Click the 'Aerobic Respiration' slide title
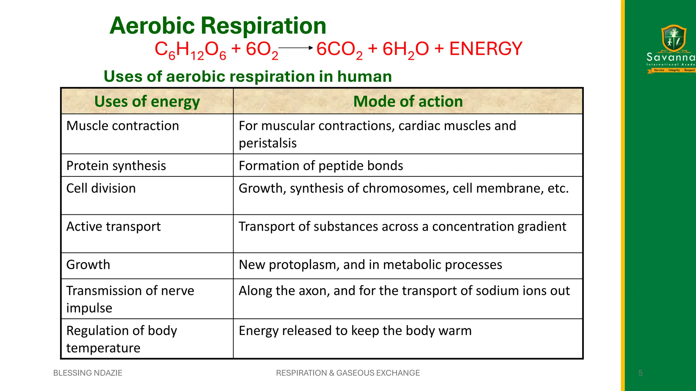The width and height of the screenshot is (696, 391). click(217, 26)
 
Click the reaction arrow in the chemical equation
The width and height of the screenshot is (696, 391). click(295, 48)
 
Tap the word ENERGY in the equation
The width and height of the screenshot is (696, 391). click(486, 49)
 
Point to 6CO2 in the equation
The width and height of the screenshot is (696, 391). click(339, 50)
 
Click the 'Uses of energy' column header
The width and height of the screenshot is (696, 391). click(147, 101)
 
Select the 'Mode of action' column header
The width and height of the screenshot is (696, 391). click(408, 101)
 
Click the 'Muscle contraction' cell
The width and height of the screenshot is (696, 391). click(122, 126)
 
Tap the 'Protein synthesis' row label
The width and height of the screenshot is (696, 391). click(116, 166)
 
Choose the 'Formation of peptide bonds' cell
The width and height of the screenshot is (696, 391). click(321, 166)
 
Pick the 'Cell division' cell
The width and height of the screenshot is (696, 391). click(101, 188)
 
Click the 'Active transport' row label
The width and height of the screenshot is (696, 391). click(113, 227)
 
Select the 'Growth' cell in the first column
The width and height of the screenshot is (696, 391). click(88, 265)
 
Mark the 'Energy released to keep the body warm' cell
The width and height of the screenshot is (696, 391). click(355, 331)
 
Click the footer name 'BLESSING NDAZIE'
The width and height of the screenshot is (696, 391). click(88, 373)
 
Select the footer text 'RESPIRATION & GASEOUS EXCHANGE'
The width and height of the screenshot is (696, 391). click(348, 373)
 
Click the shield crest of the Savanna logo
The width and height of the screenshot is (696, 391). click(674, 38)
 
